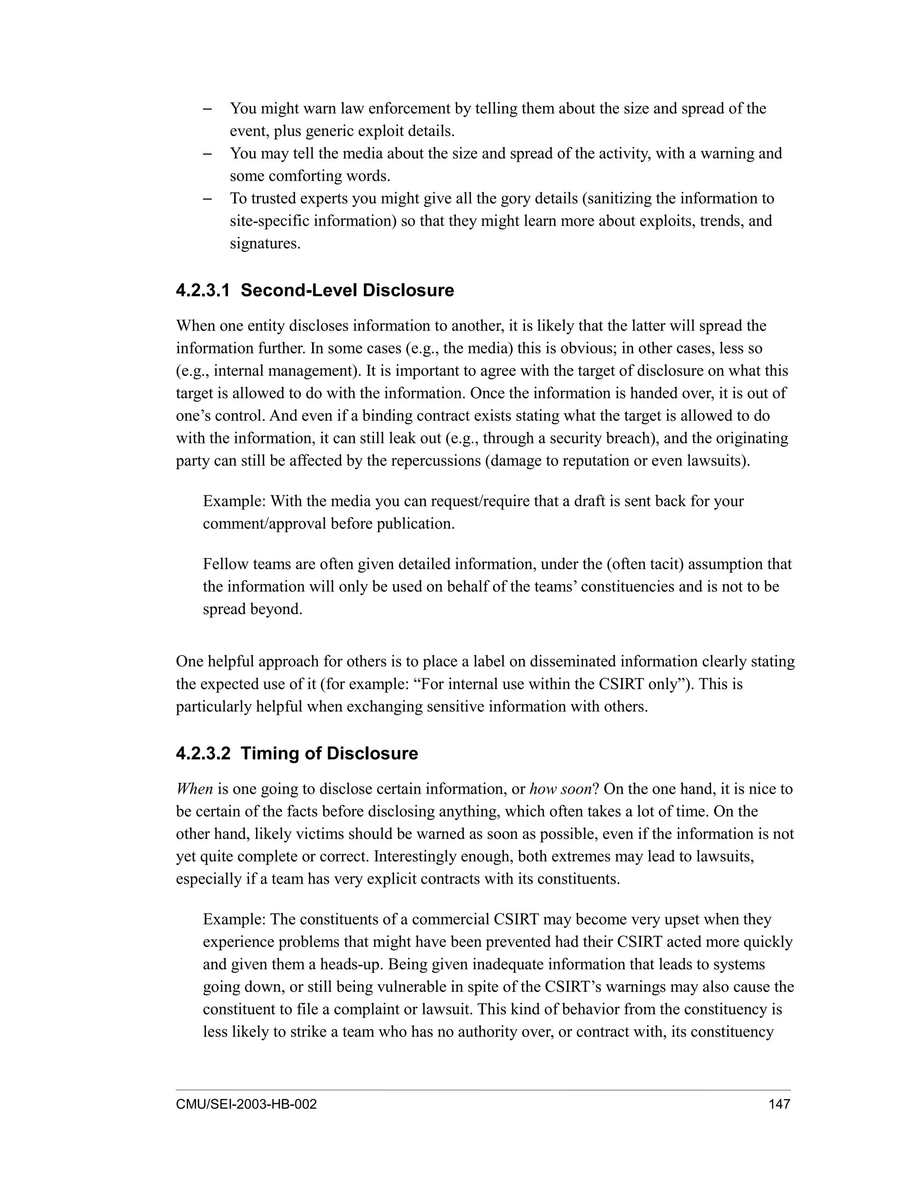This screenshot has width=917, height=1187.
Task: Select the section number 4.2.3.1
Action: tap(203, 290)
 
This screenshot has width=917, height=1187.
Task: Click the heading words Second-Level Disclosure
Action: tap(347, 290)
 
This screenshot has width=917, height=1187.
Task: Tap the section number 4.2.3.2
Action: tap(203, 753)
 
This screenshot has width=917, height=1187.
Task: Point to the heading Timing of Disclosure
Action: tap(329, 753)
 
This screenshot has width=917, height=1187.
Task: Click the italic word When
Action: tap(194, 789)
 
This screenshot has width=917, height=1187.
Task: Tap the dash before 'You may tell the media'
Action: tap(207, 154)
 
